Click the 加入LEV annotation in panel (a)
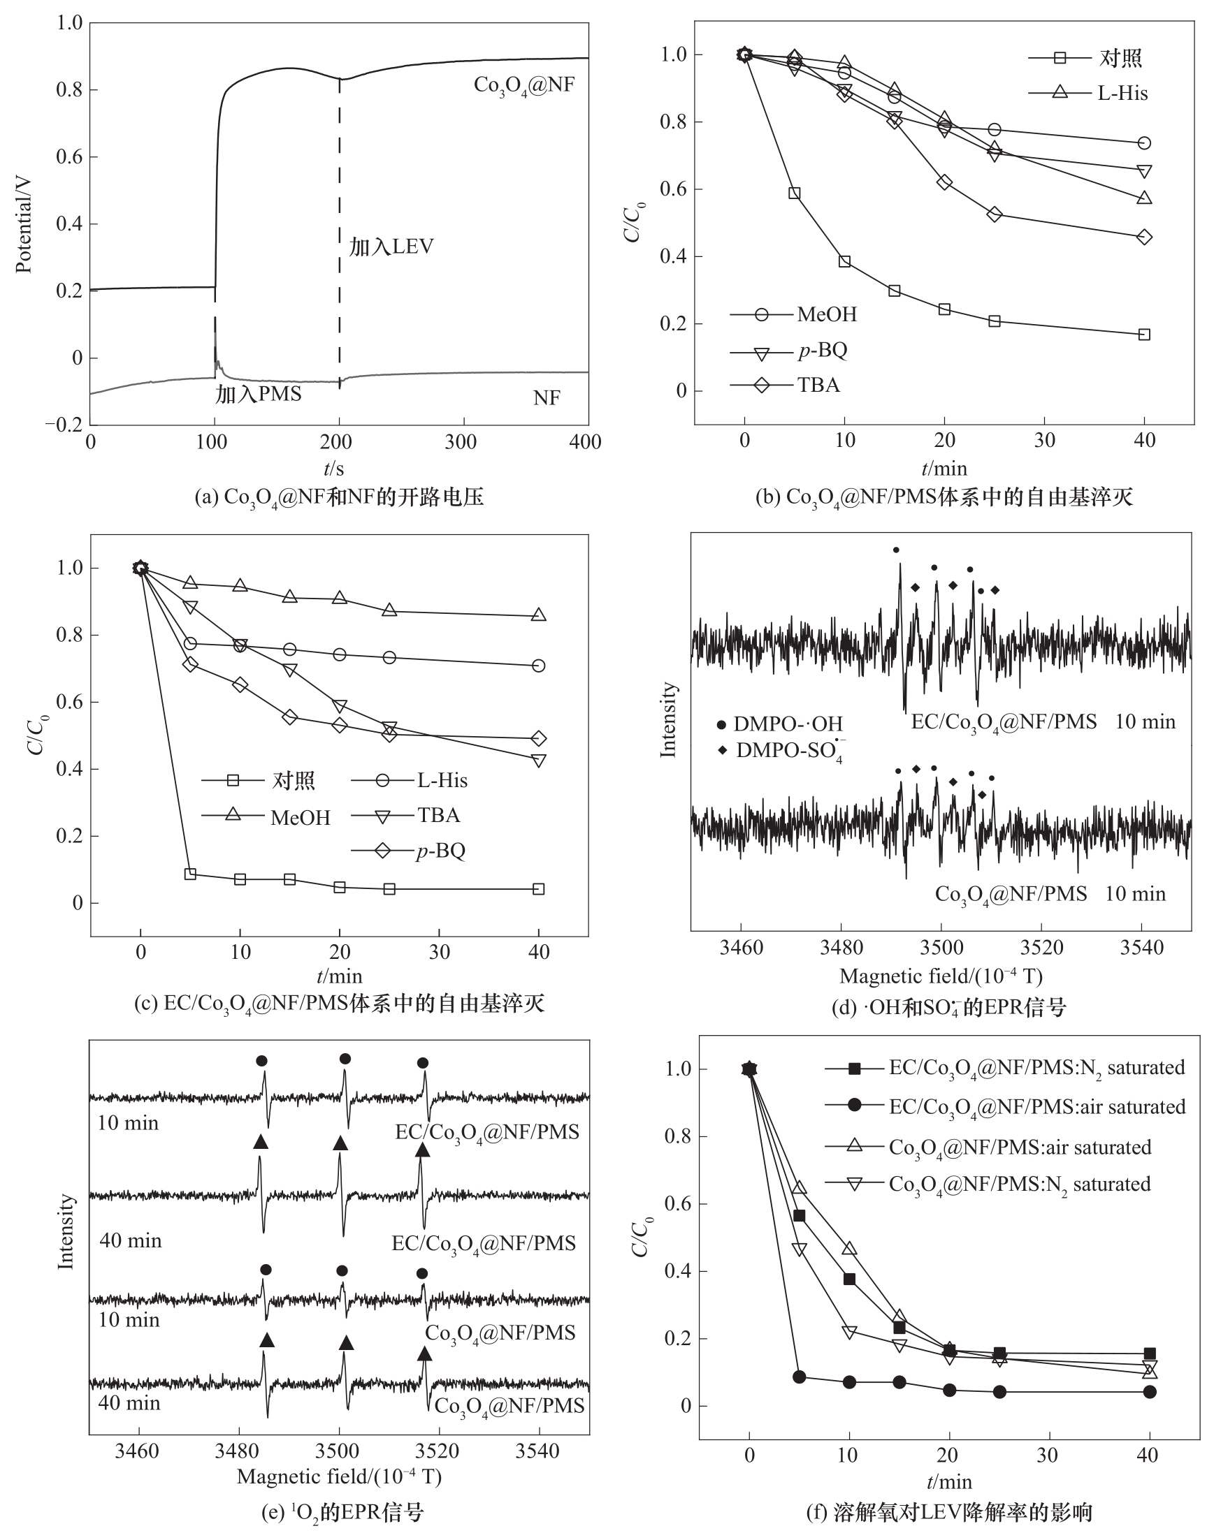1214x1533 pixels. click(391, 247)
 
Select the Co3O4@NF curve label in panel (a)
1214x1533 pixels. click(524, 86)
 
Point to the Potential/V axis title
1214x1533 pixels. click(24, 223)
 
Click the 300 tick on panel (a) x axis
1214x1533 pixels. click(461, 442)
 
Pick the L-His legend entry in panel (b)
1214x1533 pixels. click(1122, 93)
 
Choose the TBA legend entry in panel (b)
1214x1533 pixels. click(818, 385)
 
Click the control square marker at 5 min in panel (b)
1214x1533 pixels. click(795, 193)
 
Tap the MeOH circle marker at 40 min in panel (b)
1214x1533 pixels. click(1144, 143)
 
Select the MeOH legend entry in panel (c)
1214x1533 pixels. click(300, 818)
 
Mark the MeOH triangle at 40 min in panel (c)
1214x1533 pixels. click(539, 615)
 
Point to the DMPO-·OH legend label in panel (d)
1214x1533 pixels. click(788, 724)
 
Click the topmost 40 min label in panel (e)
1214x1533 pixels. click(131, 1240)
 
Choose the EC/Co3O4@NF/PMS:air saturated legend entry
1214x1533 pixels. click(1036, 1107)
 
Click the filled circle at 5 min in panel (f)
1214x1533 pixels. click(799, 1377)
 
